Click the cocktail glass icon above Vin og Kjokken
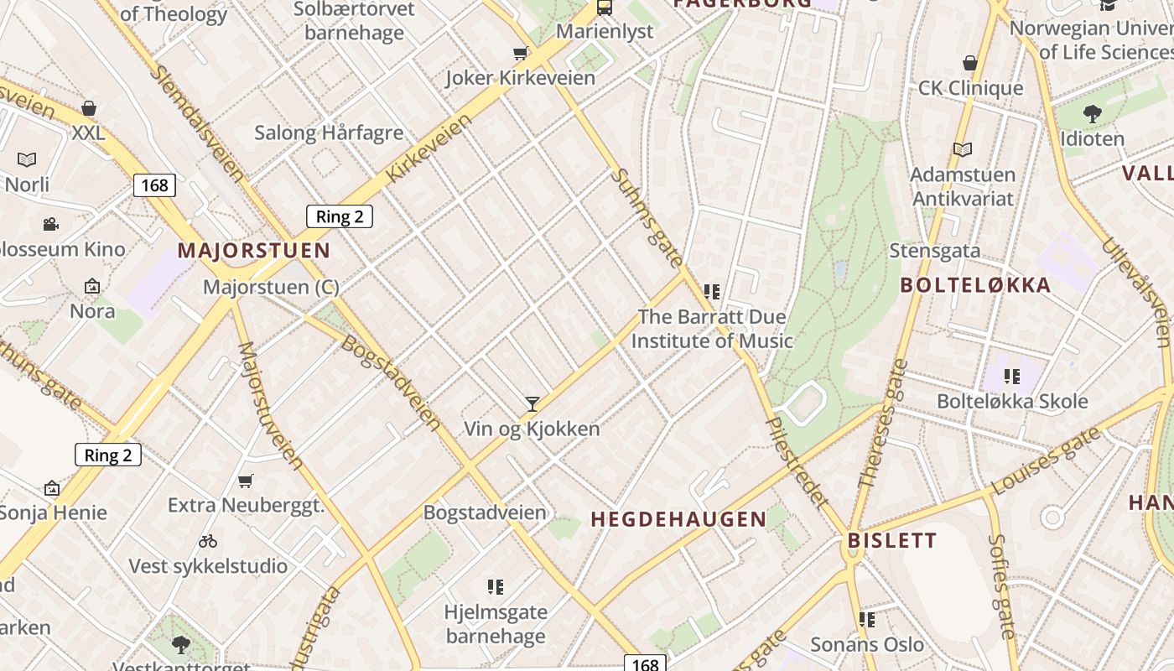pyautogui.click(x=532, y=404)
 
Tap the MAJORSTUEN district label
pyautogui.click(x=253, y=251)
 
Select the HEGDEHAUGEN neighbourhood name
pyautogui.click(x=678, y=519)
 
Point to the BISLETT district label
pyautogui.click(x=891, y=540)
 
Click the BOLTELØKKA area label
pyautogui.click(x=975, y=285)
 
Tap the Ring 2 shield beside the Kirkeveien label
pyautogui.click(x=339, y=216)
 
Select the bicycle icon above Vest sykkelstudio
pyautogui.click(x=208, y=541)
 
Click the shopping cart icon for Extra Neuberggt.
pyautogui.click(x=245, y=481)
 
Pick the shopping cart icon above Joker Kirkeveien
pyautogui.click(x=520, y=54)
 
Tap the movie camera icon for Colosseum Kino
pyautogui.click(x=50, y=224)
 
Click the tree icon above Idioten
pyautogui.click(x=1092, y=113)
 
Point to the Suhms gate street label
pyautogui.click(x=647, y=218)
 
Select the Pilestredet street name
pyautogui.click(x=797, y=461)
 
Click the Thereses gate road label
pyautogui.click(x=884, y=424)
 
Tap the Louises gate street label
pyautogui.click(x=1045, y=461)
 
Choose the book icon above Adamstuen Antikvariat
pyautogui.click(x=963, y=149)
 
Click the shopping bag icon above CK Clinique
pyautogui.click(x=970, y=63)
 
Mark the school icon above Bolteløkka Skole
pyautogui.click(x=1012, y=377)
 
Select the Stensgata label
pyautogui.click(x=934, y=250)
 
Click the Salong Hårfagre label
pyautogui.click(x=329, y=133)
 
